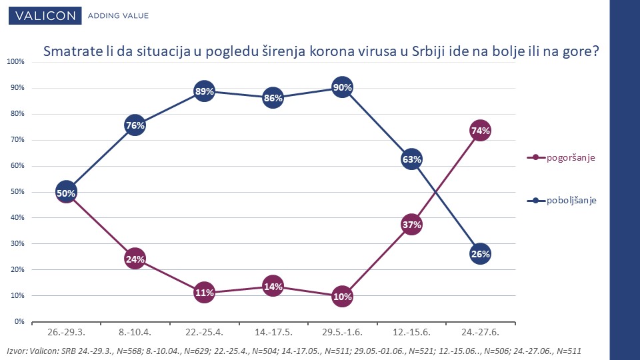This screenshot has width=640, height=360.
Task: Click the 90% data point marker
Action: point(342,87)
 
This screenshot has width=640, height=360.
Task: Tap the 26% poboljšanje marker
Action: point(481,253)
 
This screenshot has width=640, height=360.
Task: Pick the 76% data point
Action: point(135,125)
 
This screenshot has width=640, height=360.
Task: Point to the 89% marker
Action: point(204,91)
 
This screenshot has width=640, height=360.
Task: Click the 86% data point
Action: point(273,98)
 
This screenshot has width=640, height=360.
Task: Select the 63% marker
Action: point(411,159)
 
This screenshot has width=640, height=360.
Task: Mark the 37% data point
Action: point(411,225)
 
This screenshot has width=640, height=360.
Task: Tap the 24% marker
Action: point(135,259)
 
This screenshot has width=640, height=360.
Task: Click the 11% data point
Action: point(204,292)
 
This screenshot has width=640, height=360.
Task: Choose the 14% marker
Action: point(273,286)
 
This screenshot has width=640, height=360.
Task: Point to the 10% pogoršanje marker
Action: point(342,296)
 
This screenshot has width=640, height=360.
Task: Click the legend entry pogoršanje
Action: point(571,158)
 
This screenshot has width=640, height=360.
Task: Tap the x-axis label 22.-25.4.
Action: point(204,331)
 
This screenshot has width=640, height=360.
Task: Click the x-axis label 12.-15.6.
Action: point(411,331)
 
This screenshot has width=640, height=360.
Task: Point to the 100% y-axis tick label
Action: point(15,62)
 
